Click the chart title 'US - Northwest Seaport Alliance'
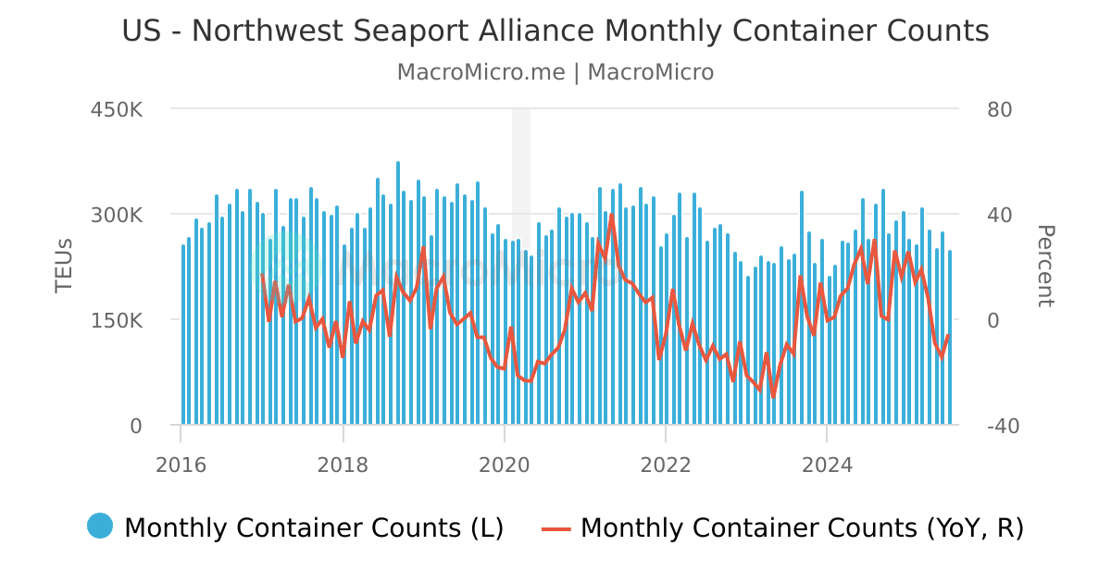(x=555, y=31)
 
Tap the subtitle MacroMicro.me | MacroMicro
(x=555, y=72)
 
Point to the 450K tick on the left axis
(x=116, y=109)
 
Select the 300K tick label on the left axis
(x=116, y=215)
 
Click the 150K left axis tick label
(x=116, y=320)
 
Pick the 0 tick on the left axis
(x=135, y=426)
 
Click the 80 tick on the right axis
(x=999, y=109)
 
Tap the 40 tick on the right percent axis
(x=999, y=215)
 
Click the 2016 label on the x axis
(x=181, y=465)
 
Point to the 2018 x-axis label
(x=343, y=465)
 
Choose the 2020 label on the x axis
(x=505, y=465)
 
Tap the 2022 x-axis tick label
(x=666, y=465)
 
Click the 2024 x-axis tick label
(x=827, y=465)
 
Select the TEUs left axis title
(x=64, y=267)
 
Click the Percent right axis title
(x=1044, y=267)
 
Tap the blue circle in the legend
(x=100, y=526)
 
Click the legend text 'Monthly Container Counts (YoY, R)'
(x=802, y=527)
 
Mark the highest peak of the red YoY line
(x=612, y=215)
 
